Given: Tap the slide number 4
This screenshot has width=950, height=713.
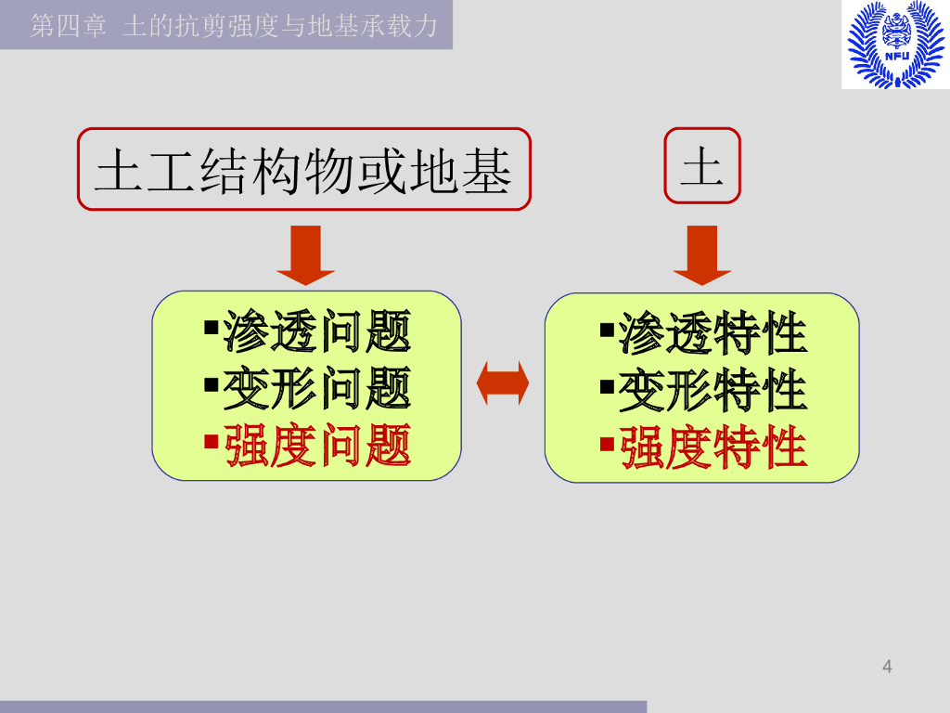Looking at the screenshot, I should pyautogui.click(x=887, y=667).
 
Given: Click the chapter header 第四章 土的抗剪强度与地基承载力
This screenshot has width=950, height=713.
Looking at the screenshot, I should pyautogui.click(x=233, y=25).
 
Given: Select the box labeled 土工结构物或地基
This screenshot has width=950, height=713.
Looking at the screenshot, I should pyautogui.click(x=304, y=170).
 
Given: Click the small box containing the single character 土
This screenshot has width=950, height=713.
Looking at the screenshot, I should pyautogui.click(x=702, y=166).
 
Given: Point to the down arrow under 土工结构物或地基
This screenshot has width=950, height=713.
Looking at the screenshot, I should pyautogui.click(x=305, y=253).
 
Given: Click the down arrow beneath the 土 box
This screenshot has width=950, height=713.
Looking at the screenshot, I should pyautogui.click(x=701, y=253).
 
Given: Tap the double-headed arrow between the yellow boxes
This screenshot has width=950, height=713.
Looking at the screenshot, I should pyautogui.click(x=503, y=382).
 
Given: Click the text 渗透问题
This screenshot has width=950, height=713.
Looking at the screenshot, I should pyautogui.click(x=317, y=331).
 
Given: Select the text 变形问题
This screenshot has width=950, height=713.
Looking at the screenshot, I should pyautogui.click(x=317, y=389).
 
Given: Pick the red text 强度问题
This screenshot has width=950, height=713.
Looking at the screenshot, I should pyautogui.click(x=317, y=447).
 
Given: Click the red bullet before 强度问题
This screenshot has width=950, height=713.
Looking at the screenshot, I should pyautogui.click(x=211, y=440).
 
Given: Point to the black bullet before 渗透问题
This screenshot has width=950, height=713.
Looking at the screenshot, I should pyautogui.click(x=211, y=326).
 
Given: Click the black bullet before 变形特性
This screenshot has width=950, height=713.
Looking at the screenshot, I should pyautogui.click(x=607, y=383).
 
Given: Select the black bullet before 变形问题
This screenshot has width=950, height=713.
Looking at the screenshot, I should pyautogui.click(x=211, y=382).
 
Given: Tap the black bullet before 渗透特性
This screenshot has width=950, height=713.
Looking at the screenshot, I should pyautogui.click(x=607, y=328).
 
